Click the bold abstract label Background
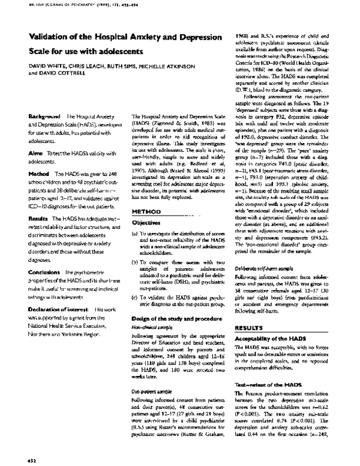(44, 114)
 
